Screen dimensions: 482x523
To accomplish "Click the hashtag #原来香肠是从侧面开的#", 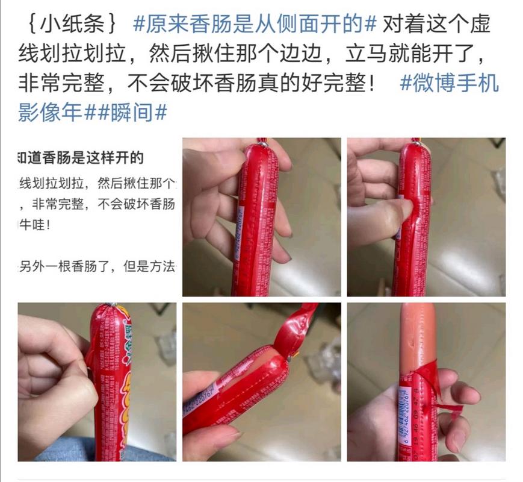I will coord(255,23).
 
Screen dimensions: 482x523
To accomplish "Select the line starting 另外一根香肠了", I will coord(96,266).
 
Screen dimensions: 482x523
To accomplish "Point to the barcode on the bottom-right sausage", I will coord(405,416).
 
